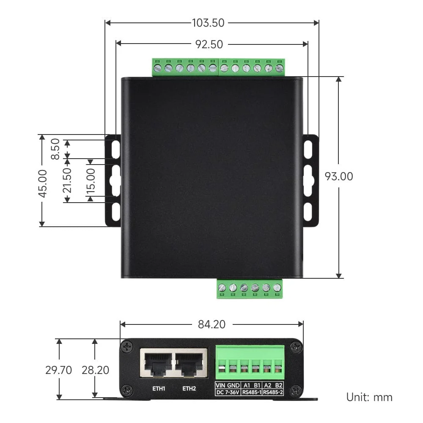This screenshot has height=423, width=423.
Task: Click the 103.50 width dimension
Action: point(208,23)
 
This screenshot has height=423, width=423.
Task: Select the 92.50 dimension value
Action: point(209,44)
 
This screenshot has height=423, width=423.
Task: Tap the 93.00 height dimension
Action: point(338,176)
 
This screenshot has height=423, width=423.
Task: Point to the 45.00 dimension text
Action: point(42,183)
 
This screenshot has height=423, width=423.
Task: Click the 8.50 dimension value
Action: point(55,150)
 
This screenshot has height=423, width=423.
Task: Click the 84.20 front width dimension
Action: point(211,324)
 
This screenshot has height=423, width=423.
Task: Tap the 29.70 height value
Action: point(59,370)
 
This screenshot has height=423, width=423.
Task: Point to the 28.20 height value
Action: point(95,370)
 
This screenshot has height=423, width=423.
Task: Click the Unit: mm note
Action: point(369,397)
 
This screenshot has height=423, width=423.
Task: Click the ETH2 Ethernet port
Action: point(190,364)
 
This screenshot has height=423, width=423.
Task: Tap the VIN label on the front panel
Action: point(221,385)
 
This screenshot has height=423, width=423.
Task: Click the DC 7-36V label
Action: point(228,393)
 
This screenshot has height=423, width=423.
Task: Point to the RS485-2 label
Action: point(273,393)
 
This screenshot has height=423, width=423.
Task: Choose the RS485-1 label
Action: point(251,393)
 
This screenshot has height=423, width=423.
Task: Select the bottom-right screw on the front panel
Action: point(296,390)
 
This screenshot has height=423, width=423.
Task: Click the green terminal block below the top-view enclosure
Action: point(250,288)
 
